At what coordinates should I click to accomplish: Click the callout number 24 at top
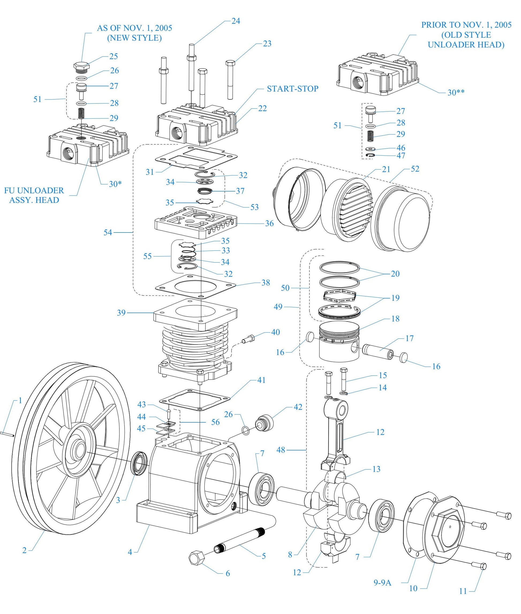(235, 21)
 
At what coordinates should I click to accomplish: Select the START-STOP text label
(292, 89)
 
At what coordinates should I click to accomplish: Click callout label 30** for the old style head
(456, 92)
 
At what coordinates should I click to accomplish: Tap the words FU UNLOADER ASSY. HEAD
(34, 195)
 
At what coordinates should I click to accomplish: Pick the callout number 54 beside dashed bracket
(108, 233)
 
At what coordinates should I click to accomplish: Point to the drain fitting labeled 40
(248, 339)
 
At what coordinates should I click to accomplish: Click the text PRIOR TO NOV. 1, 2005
(466, 25)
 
